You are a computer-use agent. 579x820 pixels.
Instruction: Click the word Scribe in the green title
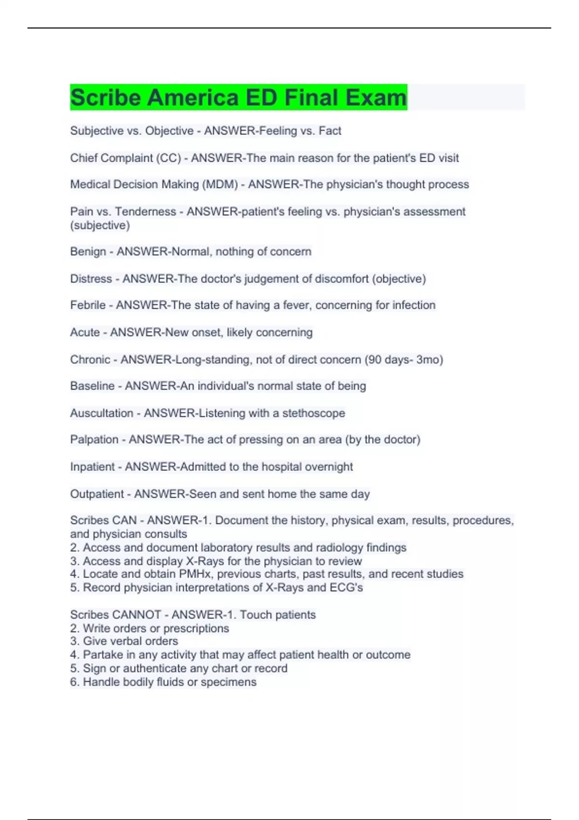point(106,97)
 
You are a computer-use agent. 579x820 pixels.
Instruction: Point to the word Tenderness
point(145,211)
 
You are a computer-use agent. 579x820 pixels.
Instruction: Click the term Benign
point(88,251)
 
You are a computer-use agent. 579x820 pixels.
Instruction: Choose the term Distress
point(91,279)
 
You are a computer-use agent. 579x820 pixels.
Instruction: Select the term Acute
point(84,332)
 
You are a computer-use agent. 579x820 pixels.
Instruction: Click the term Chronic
point(90,359)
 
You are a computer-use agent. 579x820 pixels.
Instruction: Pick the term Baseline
point(92,386)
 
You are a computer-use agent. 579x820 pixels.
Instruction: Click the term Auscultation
point(101,413)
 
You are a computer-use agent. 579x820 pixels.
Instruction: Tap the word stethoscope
point(314,413)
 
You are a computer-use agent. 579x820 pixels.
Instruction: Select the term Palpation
point(94,439)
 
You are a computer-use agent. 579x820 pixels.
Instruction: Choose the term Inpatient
point(92,466)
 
